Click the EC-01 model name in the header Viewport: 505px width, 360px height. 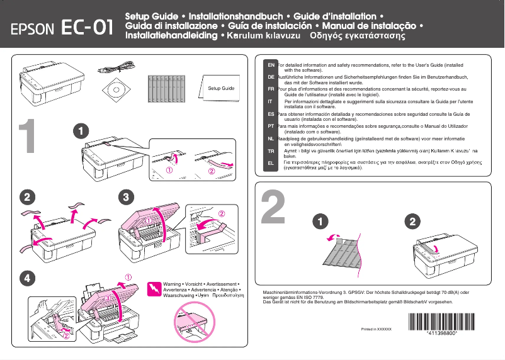point(88,28)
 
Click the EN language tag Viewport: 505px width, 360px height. point(270,65)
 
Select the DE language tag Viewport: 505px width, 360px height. point(270,77)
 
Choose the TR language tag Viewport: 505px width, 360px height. point(270,151)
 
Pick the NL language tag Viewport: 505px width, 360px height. point(270,138)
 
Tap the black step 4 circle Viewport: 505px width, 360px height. point(26,277)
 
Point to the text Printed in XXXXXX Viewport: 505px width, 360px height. point(377,329)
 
